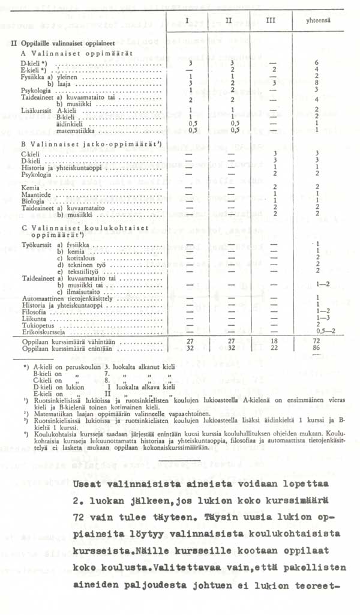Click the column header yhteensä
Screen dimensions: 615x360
318,21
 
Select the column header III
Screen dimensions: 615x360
271,21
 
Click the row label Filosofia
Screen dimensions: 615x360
32,312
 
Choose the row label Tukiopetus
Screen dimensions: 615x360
35,325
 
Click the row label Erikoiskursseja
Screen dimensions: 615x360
39,332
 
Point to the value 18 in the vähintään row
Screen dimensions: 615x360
274,340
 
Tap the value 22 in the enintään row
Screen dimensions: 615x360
274,347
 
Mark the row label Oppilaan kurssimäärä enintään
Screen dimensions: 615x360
57,347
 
